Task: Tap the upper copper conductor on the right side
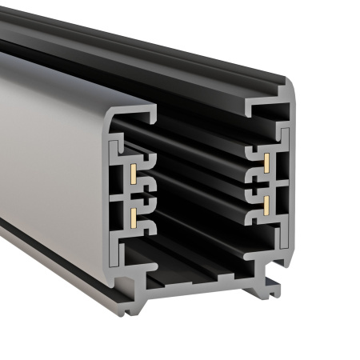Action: point(265,163)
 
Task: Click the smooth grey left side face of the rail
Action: point(48,160)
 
